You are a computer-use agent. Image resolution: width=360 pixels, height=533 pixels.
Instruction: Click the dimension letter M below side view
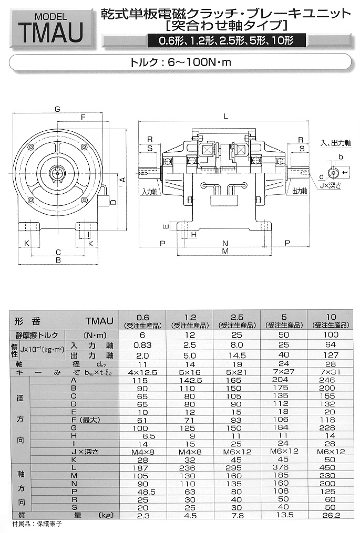coord(225,252)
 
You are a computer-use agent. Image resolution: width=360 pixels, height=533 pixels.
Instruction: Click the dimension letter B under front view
coord(58,260)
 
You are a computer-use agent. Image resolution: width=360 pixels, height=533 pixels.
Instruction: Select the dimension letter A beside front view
coord(122,179)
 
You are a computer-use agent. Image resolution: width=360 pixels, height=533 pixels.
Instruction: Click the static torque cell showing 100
coord(331,335)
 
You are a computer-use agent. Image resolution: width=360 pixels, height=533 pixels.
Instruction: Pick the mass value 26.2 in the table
coord(331,516)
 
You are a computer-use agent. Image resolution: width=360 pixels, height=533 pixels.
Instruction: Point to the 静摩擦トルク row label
coord(39,335)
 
